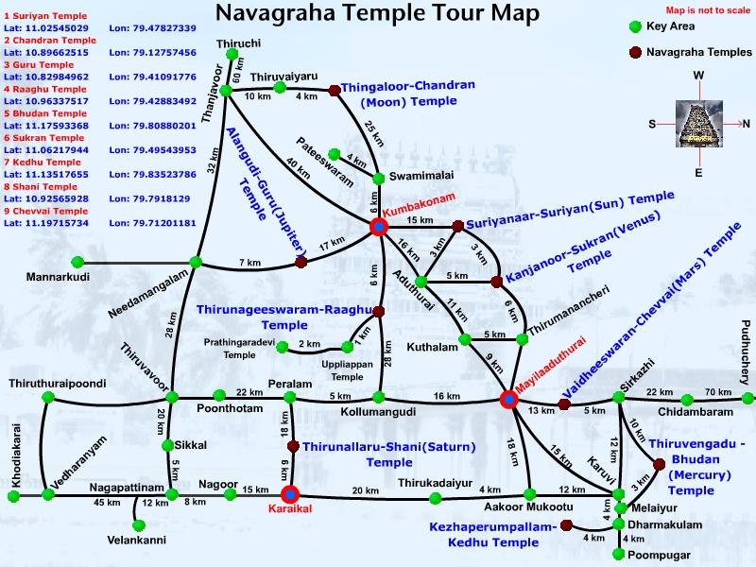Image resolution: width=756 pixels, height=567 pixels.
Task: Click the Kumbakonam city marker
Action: click(379, 226)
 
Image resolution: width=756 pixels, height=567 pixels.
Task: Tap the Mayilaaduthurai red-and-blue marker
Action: click(509, 399)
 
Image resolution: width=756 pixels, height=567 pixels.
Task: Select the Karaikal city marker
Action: click(290, 493)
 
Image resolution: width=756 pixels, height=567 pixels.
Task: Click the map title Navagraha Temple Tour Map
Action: click(378, 14)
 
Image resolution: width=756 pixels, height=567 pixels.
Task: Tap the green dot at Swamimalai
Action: click(379, 178)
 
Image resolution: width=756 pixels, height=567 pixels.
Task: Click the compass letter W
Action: click(698, 75)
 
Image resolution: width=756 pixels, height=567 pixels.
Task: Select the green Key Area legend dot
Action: click(634, 26)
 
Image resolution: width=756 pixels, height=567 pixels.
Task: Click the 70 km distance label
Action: click(717, 392)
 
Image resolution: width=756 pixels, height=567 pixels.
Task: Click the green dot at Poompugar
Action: click(619, 554)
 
